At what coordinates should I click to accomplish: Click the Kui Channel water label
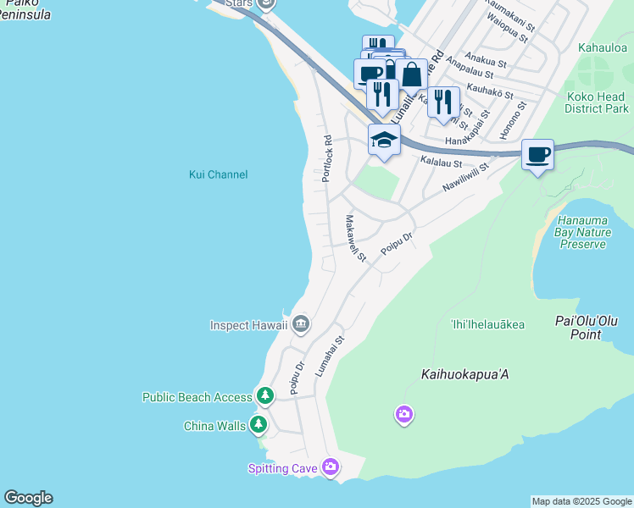coord(218,174)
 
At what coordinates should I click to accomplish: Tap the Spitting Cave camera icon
coord(331,467)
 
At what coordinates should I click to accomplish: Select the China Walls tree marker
coord(259,425)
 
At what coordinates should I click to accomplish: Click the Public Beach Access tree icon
coord(264,396)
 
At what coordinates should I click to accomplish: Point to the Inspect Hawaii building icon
coord(301,324)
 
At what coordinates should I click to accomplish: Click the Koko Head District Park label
coord(597,102)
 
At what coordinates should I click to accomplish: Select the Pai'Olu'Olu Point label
coord(589,328)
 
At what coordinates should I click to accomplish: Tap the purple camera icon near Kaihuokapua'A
coord(404,414)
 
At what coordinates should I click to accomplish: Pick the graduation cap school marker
coord(384,140)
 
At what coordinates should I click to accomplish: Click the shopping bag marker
coord(411,74)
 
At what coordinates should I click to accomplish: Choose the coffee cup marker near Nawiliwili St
coord(537,154)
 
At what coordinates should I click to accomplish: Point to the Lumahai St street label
coord(330,356)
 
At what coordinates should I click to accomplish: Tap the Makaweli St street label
coord(355,238)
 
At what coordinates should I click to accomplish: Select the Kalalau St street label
coord(441,163)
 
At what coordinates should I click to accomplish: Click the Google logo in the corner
coord(28,498)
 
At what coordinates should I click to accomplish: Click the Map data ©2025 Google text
coord(581,501)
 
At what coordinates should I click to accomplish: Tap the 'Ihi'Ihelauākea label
coord(487,324)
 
